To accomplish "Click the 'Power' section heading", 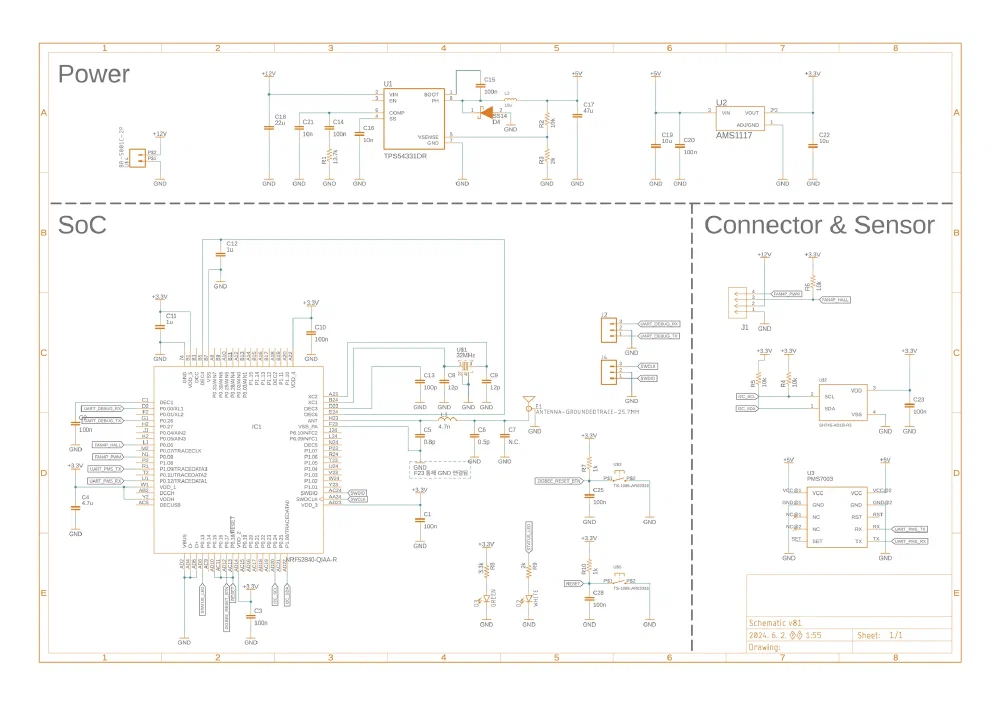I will point(93,74).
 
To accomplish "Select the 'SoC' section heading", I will point(81,225).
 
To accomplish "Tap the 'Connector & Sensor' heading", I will point(819,225).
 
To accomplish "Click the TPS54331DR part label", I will point(405,156).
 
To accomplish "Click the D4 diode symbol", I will point(486,113).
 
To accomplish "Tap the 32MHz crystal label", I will point(465,355).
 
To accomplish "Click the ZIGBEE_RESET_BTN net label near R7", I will point(559,481).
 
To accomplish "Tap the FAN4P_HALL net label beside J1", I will point(835,300).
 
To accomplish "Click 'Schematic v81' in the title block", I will point(775,622).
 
